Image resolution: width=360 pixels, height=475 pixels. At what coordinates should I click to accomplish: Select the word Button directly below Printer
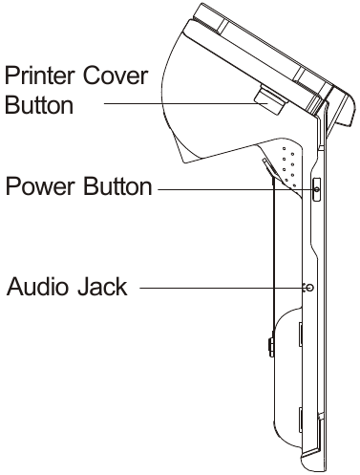38,105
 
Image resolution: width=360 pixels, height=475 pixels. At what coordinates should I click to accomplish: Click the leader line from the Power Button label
234,189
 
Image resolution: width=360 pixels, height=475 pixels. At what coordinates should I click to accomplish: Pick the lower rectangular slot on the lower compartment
301,416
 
